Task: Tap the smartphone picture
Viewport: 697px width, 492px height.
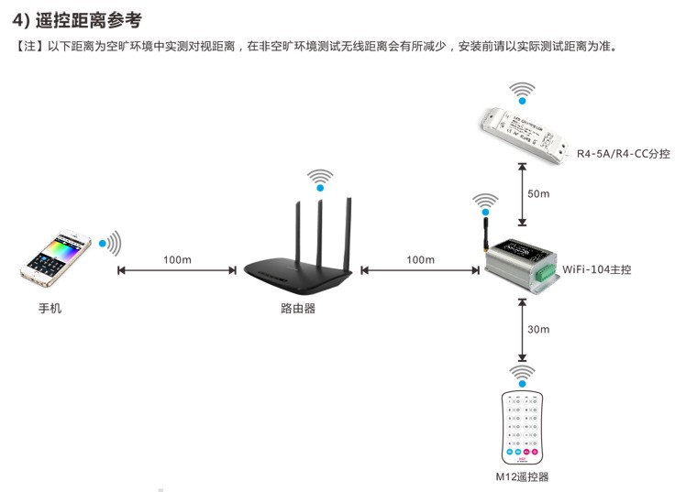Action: (57, 257)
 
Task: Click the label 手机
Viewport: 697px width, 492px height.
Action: (50, 309)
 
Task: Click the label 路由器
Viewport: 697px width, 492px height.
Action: (298, 309)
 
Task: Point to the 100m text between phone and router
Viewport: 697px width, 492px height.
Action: (177, 259)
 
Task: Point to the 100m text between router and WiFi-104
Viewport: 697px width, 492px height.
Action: (420, 259)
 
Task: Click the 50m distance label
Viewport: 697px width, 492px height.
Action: (538, 194)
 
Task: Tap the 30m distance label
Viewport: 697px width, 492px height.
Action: (538, 330)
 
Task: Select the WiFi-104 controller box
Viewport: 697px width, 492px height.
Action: (518, 265)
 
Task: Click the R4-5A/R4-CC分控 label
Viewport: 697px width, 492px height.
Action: (623, 154)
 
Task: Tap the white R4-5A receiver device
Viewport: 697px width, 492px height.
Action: (522, 129)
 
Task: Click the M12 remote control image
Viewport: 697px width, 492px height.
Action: (522, 426)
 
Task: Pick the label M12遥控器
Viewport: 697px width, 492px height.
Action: (522, 476)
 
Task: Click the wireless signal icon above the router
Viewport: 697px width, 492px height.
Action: (320, 179)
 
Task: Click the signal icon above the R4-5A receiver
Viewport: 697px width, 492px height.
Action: (522, 92)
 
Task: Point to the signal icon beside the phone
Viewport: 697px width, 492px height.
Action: (110, 243)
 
